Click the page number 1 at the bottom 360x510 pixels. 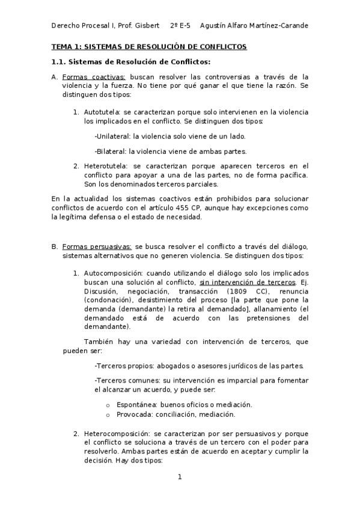[x=179, y=477]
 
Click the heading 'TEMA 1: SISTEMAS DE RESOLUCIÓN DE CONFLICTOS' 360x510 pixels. [x=149, y=46]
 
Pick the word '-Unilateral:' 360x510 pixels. [x=113, y=137]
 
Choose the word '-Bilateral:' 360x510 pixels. [x=112, y=151]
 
